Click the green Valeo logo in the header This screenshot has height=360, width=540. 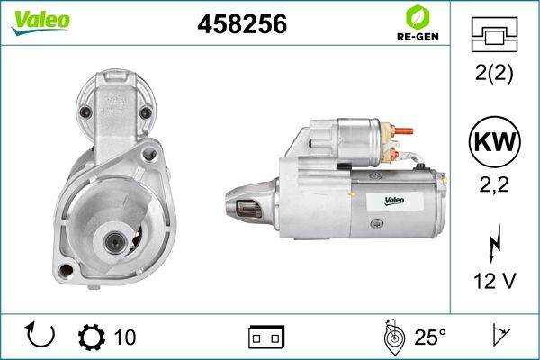(x=40, y=22)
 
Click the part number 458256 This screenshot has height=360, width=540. (x=242, y=23)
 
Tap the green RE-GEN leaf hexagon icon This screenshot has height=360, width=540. (x=418, y=17)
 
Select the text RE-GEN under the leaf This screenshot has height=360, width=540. (x=418, y=37)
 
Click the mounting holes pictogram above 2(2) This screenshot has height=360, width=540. (x=494, y=35)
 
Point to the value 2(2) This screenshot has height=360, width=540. (x=494, y=73)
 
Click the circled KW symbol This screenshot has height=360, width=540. (x=494, y=141)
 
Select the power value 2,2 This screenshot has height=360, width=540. (x=494, y=185)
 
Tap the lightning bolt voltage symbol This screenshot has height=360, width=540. (x=494, y=244)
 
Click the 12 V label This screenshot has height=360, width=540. (x=494, y=281)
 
